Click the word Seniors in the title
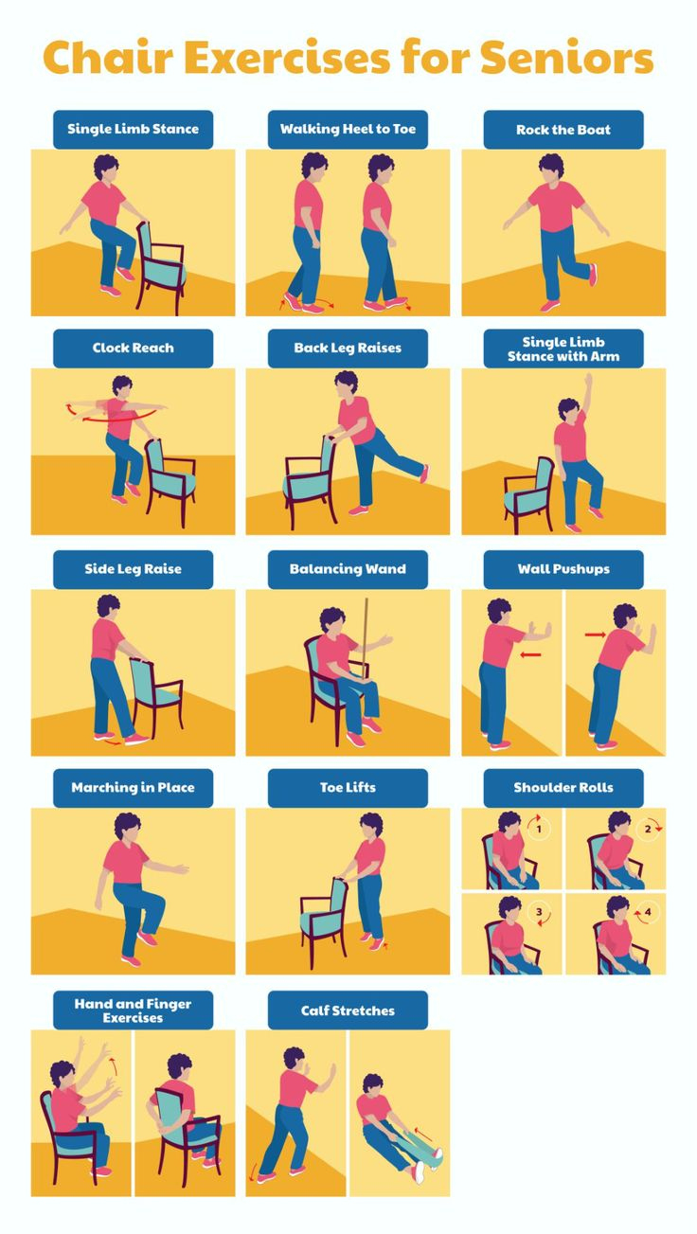[566, 58]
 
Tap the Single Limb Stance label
[133, 129]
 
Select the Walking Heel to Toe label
[348, 129]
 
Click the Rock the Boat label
[563, 130]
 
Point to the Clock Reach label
[133, 348]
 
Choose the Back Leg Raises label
[348, 348]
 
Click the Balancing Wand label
[348, 569]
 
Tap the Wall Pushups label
[563, 569]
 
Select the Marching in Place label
[133, 787]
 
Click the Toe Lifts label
[348, 787]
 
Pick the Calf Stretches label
[348, 1010]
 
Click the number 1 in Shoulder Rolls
[539, 830]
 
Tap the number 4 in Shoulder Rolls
[649, 914]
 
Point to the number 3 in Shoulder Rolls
[539, 914]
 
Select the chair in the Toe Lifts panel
[323, 913]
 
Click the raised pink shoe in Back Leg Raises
[423, 474]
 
